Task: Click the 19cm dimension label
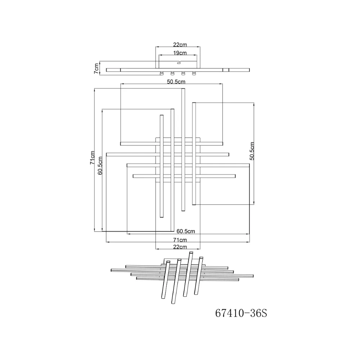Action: tap(180, 53)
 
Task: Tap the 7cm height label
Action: tap(96, 68)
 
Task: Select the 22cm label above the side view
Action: tap(180, 45)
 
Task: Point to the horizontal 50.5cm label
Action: tap(176, 82)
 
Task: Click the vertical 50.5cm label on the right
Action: tap(252, 151)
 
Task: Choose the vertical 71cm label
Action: tap(92, 158)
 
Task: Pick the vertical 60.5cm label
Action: tap(100, 166)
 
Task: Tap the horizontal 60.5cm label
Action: tap(186, 231)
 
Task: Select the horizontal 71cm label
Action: tap(180, 240)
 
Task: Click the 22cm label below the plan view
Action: tap(180, 247)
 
